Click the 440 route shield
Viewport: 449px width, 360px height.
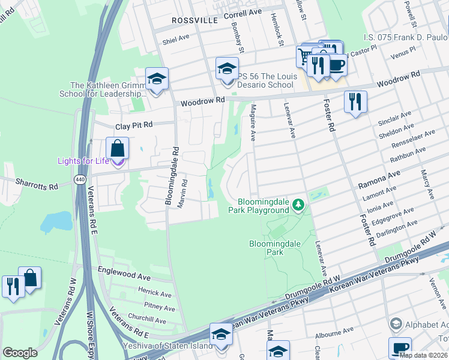click(x=79, y=180)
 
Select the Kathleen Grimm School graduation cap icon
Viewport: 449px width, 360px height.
click(x=157, y=78)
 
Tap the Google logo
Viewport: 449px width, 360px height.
click(x=20, y=353)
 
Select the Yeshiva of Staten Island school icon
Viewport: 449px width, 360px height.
click(x=221, y=334)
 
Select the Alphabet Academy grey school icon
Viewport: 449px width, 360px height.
click(x=396, y=324)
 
